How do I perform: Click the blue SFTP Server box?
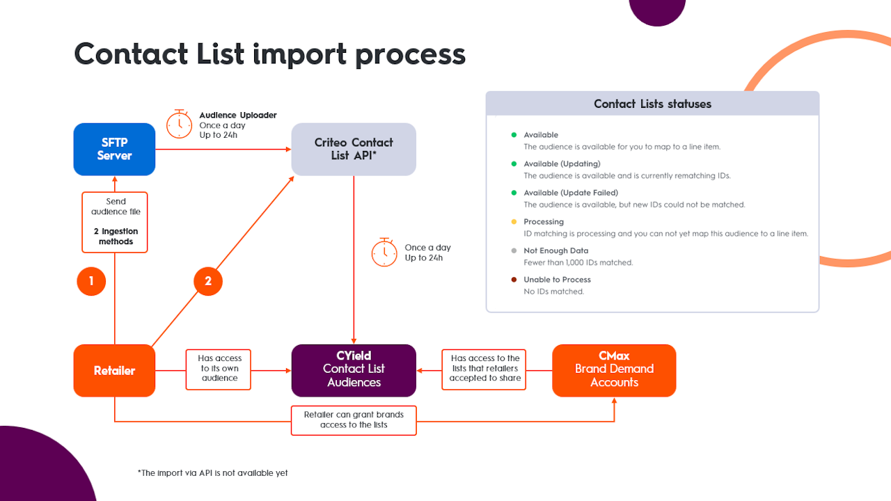point(114,149)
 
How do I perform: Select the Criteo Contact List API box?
point(354,149)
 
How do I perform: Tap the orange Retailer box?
point(114,370)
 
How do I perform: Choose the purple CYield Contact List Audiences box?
point(354,369)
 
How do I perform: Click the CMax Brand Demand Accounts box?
point(614,369)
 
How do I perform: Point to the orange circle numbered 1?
point(91,281)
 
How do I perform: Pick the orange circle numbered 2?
point(207,281)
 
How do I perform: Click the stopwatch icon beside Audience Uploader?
point(180,123)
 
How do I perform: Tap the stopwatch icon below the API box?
point(384,252)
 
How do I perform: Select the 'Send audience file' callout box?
point(114,221)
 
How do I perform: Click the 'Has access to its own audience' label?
point(219,369)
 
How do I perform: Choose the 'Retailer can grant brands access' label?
point(354,420)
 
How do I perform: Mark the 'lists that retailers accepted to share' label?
point(484,369)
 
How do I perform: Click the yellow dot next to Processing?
point(514,222)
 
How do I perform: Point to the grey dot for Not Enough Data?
point(514,250)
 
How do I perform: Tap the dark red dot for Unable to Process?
point(514,280)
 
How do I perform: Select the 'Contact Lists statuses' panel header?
point(652,104)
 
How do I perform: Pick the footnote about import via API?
point(212,473)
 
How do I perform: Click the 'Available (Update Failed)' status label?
point(571,193)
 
